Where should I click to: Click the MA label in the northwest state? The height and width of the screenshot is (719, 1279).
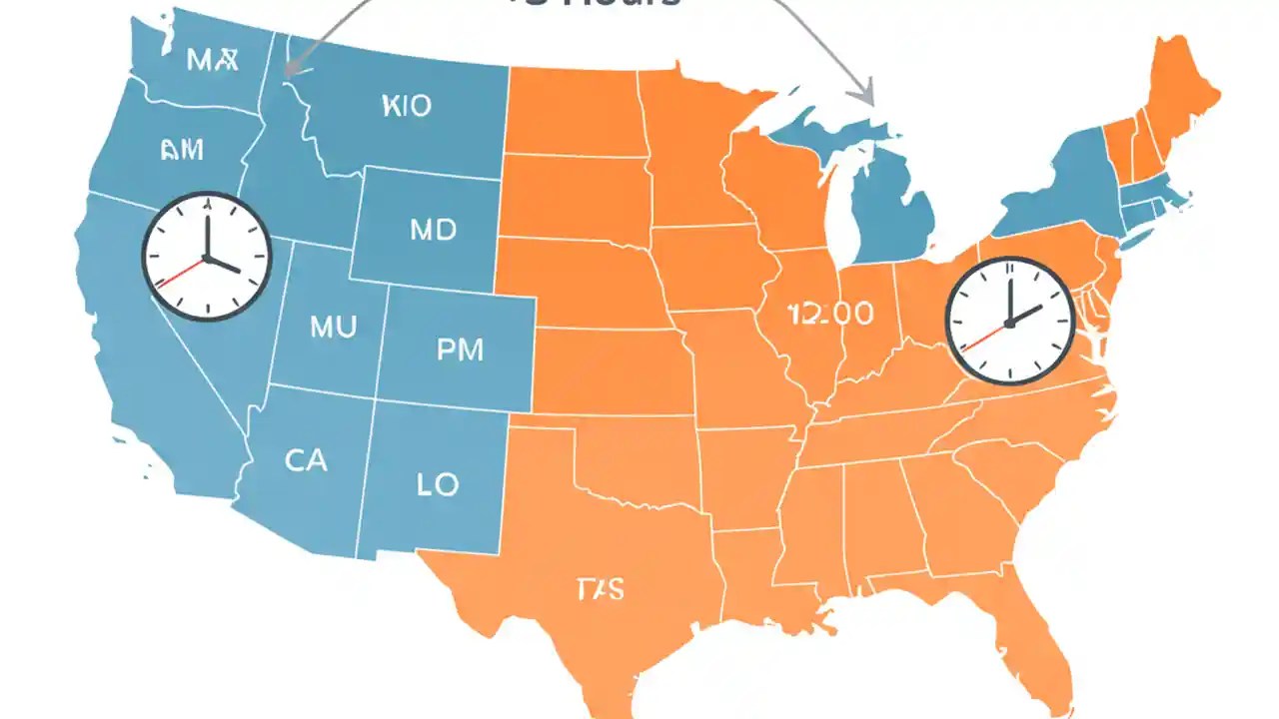(x=213, y=60)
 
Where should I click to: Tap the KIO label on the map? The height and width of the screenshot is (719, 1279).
(x=407, y=106)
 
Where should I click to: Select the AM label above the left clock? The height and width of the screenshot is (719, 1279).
(x=181, y=150)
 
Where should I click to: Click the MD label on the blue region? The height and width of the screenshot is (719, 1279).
(x=433, y=231)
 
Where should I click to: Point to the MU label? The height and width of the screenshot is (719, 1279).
(x=333, y=327)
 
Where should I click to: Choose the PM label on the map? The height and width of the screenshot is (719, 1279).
(x=460, y=350)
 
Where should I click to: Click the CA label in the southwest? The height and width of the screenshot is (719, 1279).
(x=306, y=460)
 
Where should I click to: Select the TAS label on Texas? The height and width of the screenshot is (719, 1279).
(x=601, y=589)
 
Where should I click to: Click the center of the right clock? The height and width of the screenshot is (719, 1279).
(x=1009, y=322)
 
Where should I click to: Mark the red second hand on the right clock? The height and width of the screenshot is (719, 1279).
(x=982, y=336)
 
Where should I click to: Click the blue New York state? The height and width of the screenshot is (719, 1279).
(x=1059, y=190)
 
